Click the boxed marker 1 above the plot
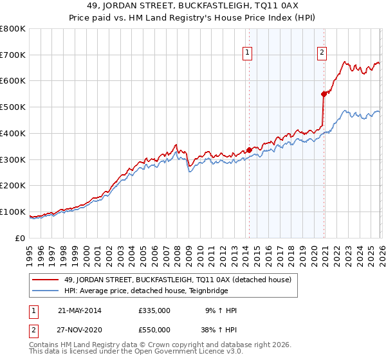tap(248, 53)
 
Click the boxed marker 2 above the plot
tap(322, 53)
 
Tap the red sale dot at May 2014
tap(249, 150)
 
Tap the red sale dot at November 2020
tap(324, 94)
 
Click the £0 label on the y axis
tap(21, 238)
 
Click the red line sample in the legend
tap(46, 280)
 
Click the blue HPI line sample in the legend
tap(46, 291)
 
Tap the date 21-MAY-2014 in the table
tap(80, 310)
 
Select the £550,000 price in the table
tap(154, 330)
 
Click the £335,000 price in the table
tap(154, 310)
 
